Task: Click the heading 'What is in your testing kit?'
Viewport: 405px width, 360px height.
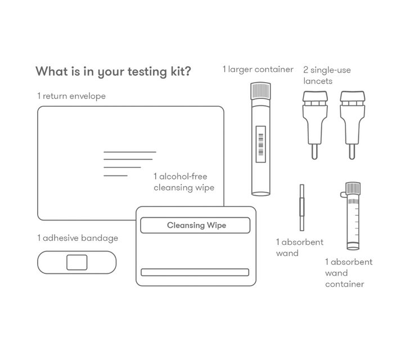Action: point(113,72)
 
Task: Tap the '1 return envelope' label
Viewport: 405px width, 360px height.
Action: point(71,96)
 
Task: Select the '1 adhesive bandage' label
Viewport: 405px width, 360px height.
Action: point(78,238)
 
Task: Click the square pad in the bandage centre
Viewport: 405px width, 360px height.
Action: point(77,262)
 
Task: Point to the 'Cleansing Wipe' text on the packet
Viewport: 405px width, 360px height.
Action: point(196,226)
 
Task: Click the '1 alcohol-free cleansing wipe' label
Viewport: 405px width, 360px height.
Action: point(184,182)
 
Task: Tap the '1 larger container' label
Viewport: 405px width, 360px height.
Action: point(258,70)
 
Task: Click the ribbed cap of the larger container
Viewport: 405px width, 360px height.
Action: point(260,91)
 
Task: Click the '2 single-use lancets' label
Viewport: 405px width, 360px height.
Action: point(327,76)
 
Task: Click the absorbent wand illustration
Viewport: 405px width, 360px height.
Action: point(302,208)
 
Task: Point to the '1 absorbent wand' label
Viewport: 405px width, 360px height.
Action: point(299,247)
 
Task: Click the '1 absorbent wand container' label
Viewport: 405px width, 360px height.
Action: point(348,273)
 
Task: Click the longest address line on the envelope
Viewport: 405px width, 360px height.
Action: point(130,152)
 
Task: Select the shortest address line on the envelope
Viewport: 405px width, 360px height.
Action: point(115,175)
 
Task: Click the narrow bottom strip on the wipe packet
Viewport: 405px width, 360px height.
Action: point(195,272)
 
